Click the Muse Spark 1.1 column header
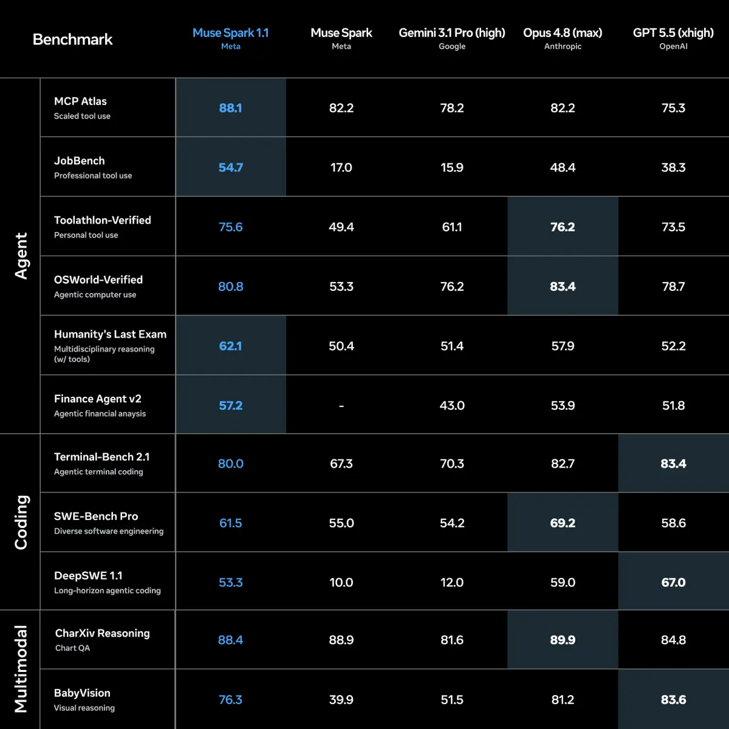[230, 33]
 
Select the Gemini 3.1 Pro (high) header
[452, 33]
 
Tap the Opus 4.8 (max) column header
[563, 33]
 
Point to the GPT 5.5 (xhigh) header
[673, 33]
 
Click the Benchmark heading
[72, 39]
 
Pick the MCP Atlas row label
[80, 101]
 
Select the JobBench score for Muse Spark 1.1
[230, 167]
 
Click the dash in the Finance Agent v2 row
[341, 406]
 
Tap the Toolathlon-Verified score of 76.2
[563, 227]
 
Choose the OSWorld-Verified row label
[98, 279]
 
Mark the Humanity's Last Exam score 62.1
[230, 346]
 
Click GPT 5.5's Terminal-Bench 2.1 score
[673, 464]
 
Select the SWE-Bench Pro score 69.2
[563, 523]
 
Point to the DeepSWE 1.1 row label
[88, 575]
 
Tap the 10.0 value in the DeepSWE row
[341, 582]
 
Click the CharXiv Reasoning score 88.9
[341, 640]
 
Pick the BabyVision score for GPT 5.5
[673, 699]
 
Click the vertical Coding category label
[21, 522]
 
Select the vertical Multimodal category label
[21, 669]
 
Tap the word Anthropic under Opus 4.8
[563, 46]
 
